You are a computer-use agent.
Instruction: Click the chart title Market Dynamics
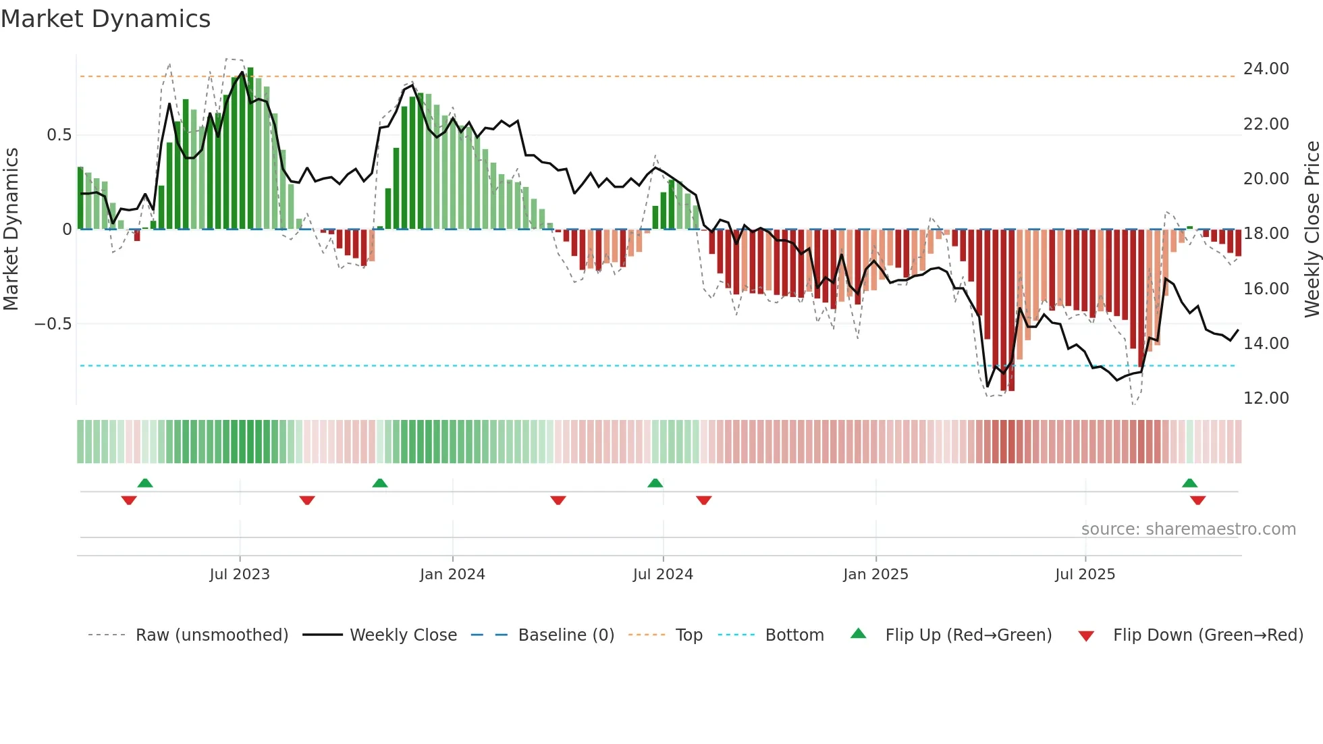[105, 19]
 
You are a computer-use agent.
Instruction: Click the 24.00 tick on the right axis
[1266, 69]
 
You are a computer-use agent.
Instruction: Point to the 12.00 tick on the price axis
[1266, 398]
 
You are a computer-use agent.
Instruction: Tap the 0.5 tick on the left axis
[59, 135]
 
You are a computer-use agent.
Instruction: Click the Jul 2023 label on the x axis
[239, 575]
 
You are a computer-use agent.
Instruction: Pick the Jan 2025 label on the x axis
[875, 575]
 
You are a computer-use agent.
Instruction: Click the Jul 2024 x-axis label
[663, 575]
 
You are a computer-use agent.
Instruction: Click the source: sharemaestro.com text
[1188, 529]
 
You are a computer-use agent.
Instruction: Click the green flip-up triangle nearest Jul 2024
[655, 483]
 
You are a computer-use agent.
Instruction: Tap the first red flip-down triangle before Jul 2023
[129, 500]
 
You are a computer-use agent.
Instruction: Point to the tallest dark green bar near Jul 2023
[250, 149]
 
